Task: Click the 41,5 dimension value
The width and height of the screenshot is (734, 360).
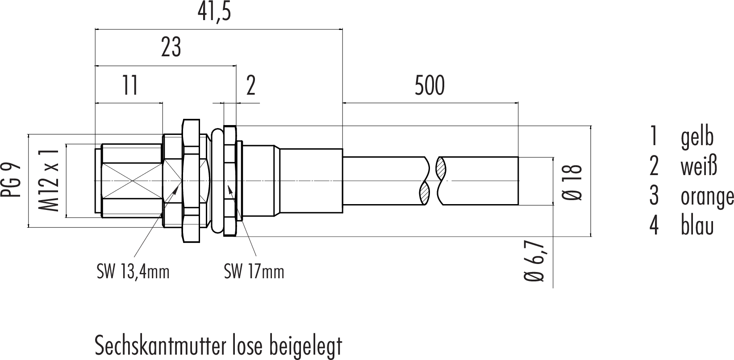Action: [214, 13]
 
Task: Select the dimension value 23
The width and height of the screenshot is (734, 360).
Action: [171, 48]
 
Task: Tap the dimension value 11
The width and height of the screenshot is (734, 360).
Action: [130, 85]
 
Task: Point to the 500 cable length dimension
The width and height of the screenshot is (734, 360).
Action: [430, 86]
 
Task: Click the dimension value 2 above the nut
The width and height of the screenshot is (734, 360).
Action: [250, 86]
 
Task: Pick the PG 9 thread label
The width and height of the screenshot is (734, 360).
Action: [11, 180]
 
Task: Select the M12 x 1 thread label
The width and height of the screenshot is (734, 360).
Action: [49, 180]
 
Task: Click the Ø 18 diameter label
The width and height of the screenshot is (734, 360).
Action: [572, 182]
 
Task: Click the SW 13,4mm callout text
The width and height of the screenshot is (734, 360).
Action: [133, 272]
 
